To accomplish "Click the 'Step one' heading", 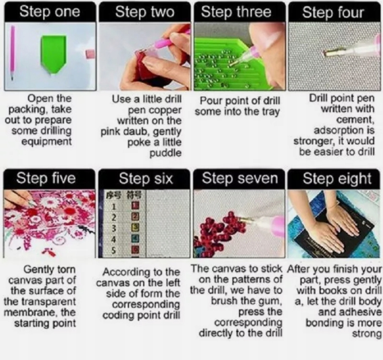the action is coord(50,12).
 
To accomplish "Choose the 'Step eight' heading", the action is coord(337,179).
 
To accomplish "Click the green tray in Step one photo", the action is coord(54,53).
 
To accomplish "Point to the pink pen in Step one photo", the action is coord(12,52).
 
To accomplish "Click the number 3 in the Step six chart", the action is coord(113,228).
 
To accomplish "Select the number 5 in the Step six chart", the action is coord(114,250).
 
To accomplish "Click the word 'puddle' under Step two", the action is coord(165,153).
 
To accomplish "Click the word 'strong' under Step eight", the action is coord(367,334).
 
